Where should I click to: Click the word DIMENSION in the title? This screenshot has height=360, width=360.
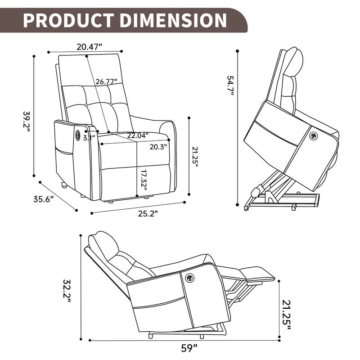170,20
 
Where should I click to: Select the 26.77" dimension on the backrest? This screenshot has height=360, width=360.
106,81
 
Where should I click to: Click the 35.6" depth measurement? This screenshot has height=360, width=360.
43,199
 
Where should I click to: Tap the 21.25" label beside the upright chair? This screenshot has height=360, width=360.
195,155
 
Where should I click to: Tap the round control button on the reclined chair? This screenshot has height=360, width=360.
188,279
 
